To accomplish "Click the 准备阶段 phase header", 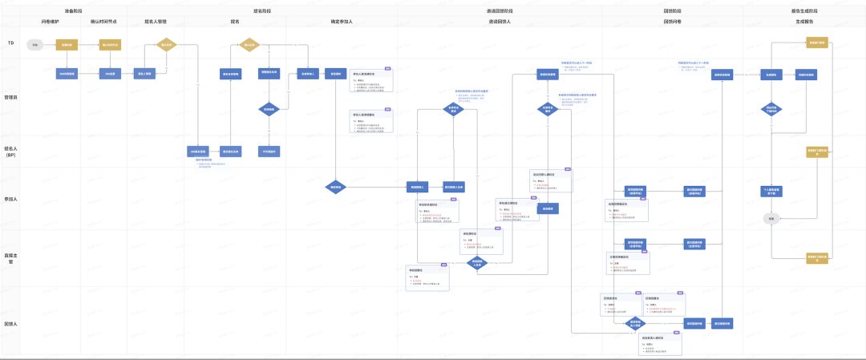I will (x=74, y=11).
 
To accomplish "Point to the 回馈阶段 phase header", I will (x=672, y=11).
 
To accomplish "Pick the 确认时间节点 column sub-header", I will (x=105, y=22).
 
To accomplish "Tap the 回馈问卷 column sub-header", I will (x=672, y=22).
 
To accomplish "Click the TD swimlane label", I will (x=10, y=42).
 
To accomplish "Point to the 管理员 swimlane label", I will (x=10, y=97).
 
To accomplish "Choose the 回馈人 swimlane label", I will (x=10, y=324).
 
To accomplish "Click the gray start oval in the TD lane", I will (x=34, y=45).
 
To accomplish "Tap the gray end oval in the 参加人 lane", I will (x=771, y=217).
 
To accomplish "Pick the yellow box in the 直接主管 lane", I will (x=816, y=258).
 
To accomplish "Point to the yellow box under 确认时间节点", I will (x=110, y=45).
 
